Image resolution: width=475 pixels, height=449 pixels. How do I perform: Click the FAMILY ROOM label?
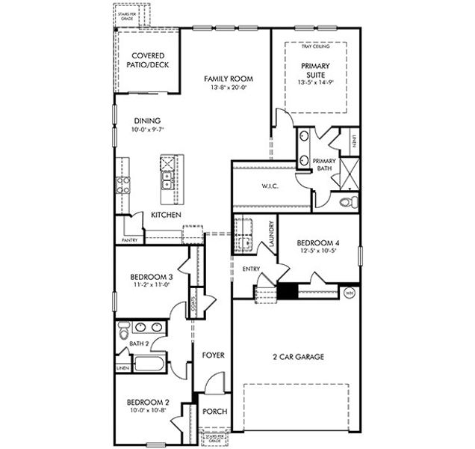coord(229,79)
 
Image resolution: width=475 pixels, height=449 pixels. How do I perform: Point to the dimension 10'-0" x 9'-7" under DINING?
coord(147,129)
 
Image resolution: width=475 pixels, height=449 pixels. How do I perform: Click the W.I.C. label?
coord(270,186)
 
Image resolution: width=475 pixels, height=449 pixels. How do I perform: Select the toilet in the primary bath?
coord(345,202)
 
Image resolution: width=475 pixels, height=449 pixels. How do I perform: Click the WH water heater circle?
coord(350,293)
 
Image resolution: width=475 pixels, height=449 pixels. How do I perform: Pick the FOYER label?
coord(213,355)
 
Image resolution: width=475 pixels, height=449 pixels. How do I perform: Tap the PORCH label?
coord(214,412)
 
